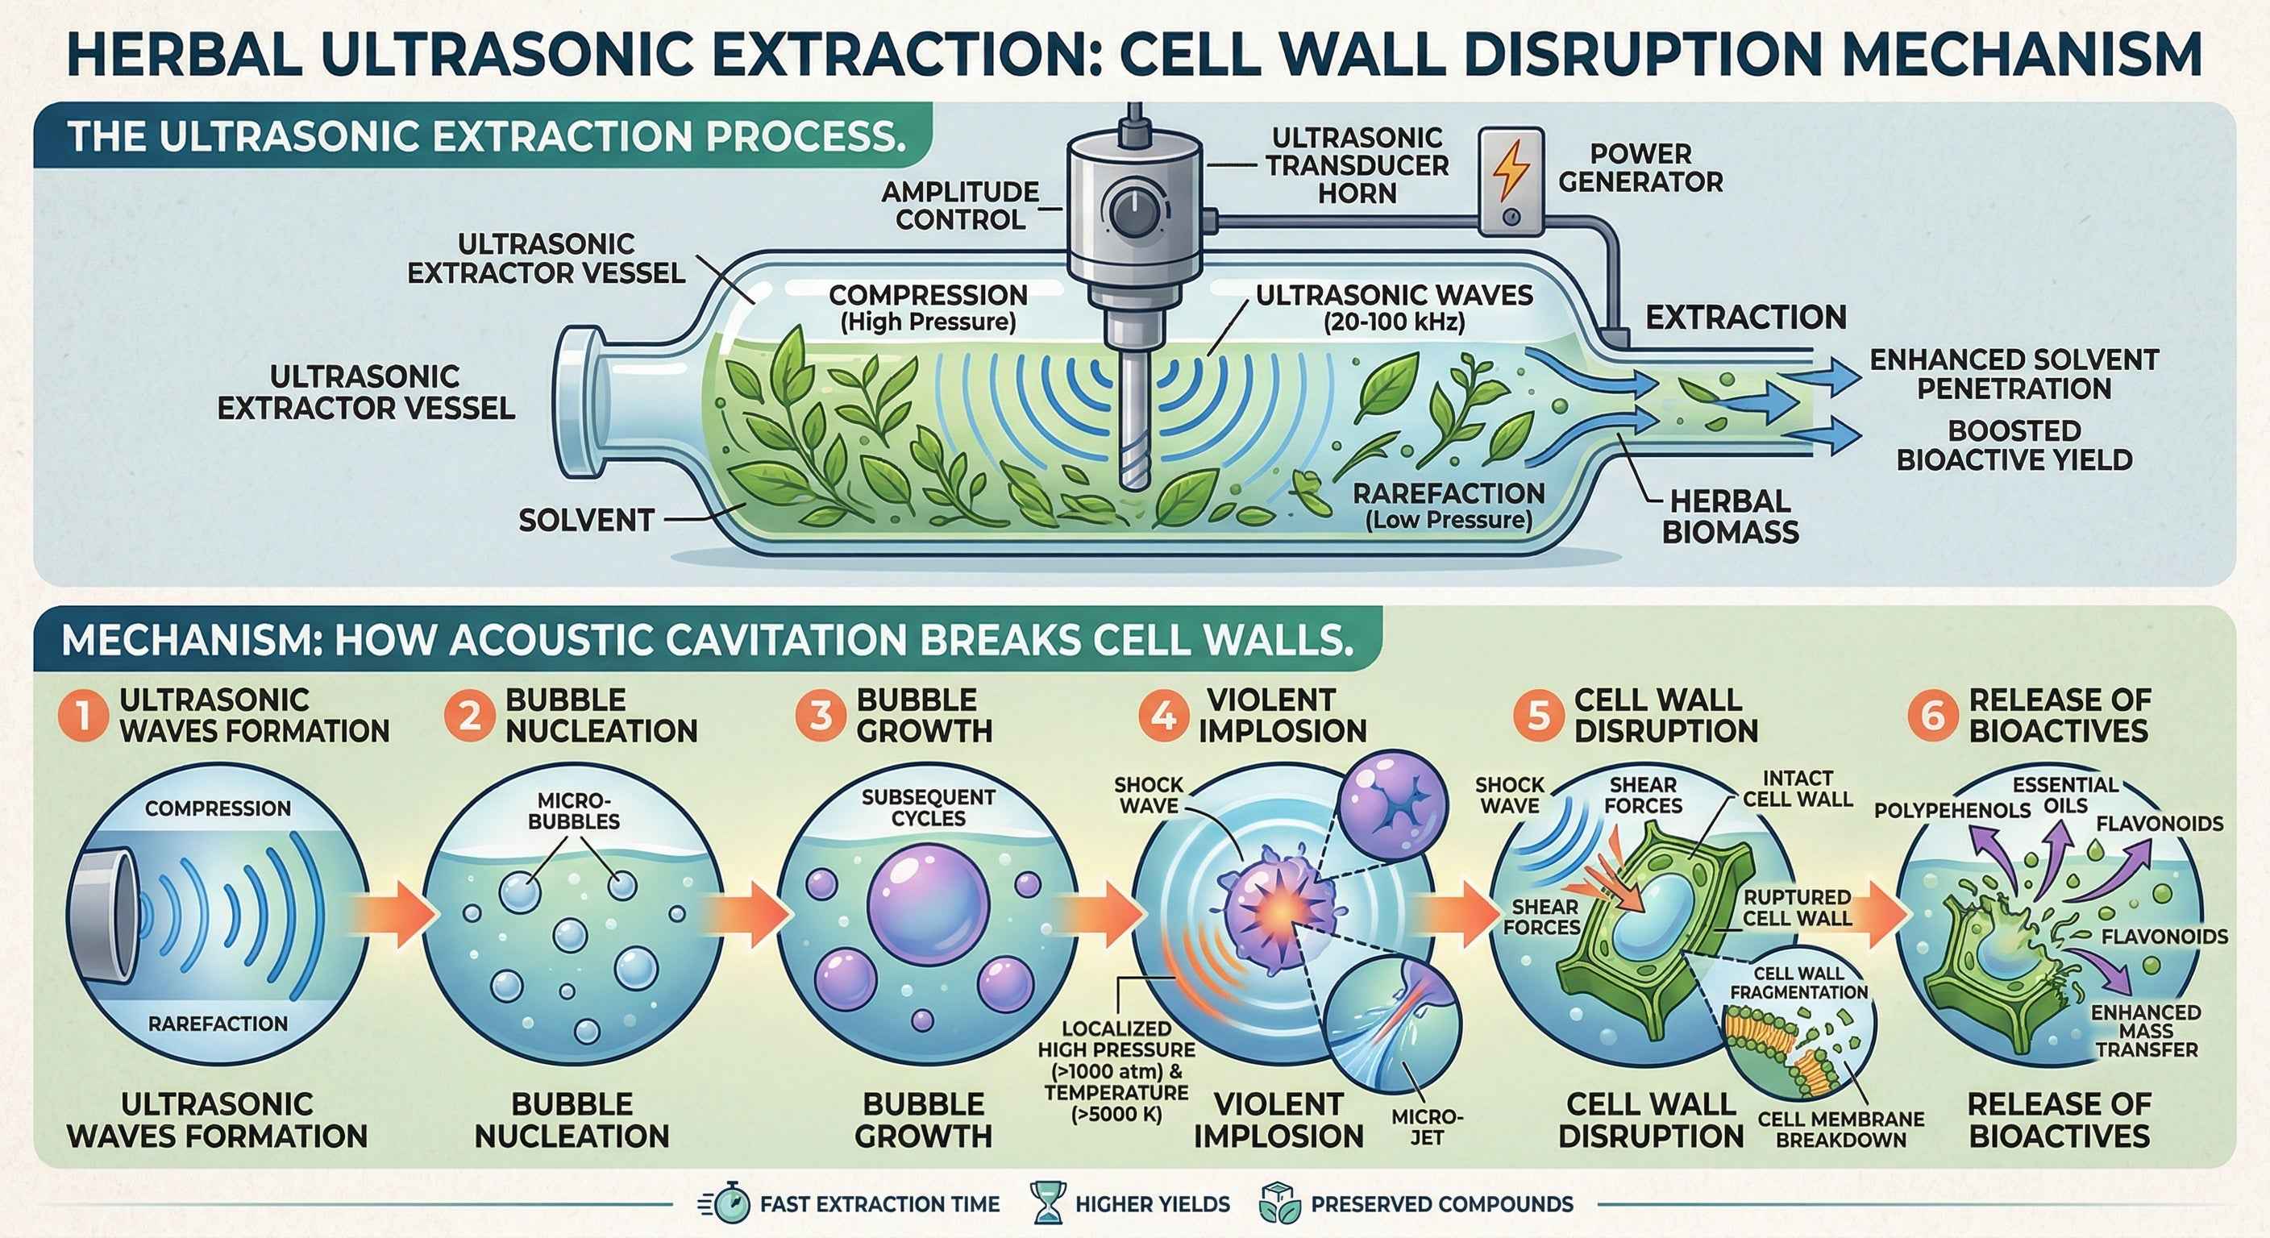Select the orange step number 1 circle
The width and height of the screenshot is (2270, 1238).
tap(85, 715)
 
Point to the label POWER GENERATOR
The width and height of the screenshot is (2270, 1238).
tap(1640, 168)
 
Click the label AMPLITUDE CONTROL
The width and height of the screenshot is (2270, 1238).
tap(962, 206)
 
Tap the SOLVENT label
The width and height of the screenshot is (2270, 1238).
tap(586, 521)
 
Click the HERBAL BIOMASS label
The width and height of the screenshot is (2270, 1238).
tap(1730, 517)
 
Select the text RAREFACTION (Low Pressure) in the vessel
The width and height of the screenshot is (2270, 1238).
tap(1449, 506)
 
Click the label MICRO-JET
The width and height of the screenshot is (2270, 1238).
tap(1428, 1127)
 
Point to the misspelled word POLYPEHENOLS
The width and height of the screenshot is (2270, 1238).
tap(1952, 811)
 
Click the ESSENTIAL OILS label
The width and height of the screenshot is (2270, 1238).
tap(2065, 794)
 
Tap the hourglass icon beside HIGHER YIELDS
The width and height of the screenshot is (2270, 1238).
tap(1048, 1203)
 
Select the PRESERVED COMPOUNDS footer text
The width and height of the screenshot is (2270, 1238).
tap(1441, 1204)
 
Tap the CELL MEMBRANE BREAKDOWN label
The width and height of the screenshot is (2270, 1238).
tap(1841, 1128)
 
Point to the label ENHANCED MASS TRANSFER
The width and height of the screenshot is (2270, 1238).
tap(2146, 1031)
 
